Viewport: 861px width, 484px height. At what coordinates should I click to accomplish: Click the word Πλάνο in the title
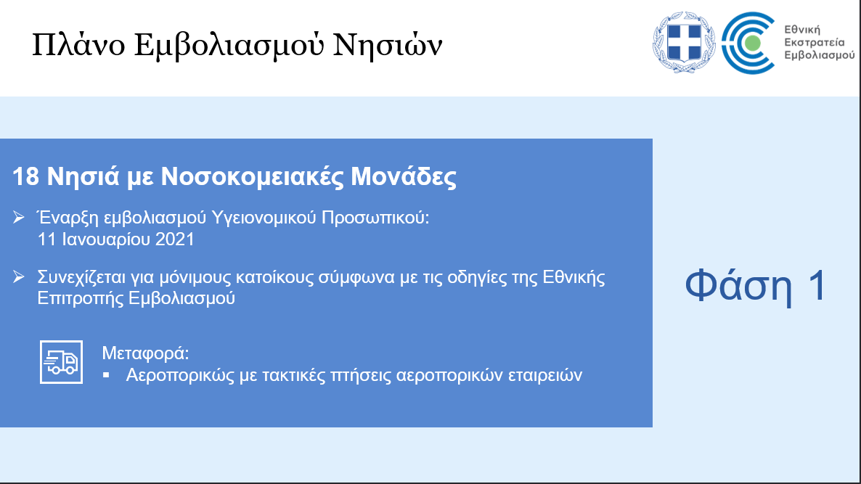pos(78,44)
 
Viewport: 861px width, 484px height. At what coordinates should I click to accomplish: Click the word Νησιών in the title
pos(388,44)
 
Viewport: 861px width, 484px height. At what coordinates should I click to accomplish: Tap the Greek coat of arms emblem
pos(684,42)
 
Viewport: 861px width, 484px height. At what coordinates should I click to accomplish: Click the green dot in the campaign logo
pos(753,43)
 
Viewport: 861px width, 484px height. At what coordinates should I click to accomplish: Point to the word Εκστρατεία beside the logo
pos(815,42)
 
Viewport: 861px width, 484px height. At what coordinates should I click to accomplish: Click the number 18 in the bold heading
pos(25,177)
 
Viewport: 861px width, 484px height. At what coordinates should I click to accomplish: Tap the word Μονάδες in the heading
pos(404,177)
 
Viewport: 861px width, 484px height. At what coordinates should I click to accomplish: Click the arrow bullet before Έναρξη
pos(19,218)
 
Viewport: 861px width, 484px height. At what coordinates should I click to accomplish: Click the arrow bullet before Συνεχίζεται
pos(19,276)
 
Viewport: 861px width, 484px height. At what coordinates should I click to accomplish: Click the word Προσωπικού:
pos(375,218)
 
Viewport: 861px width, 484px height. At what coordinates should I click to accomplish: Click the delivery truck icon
pos(62,362)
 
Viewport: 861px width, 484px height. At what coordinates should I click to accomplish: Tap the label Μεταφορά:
pos(145,353)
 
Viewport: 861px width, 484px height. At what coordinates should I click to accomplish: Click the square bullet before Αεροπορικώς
pos(107,375)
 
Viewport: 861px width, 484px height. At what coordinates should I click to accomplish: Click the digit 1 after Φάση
pos(817,285)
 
